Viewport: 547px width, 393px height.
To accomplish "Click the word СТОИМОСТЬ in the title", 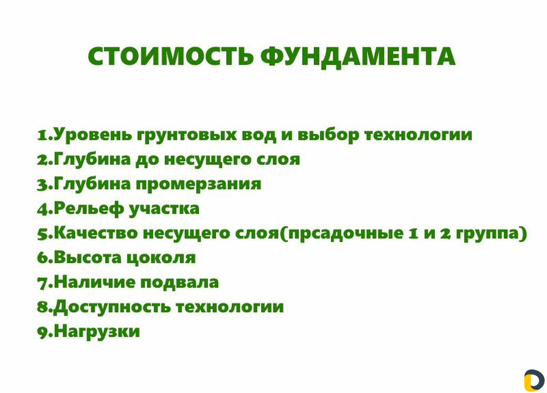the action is (x=171, y=56).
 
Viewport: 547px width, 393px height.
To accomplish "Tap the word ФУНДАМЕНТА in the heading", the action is (x=358, y=58).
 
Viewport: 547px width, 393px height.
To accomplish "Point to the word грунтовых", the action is (x=187, y=136).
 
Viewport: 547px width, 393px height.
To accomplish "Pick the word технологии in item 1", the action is (x=418, y=135).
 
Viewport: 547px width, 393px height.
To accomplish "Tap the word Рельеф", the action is (x=89, y=208).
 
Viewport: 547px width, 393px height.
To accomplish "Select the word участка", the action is (x=164, y=209).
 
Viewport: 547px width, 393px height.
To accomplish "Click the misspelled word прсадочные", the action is (x=346, y=234).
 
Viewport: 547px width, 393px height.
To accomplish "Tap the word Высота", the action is (x=88, y=258).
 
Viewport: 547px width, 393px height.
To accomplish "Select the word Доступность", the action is (x=112, y=307).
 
